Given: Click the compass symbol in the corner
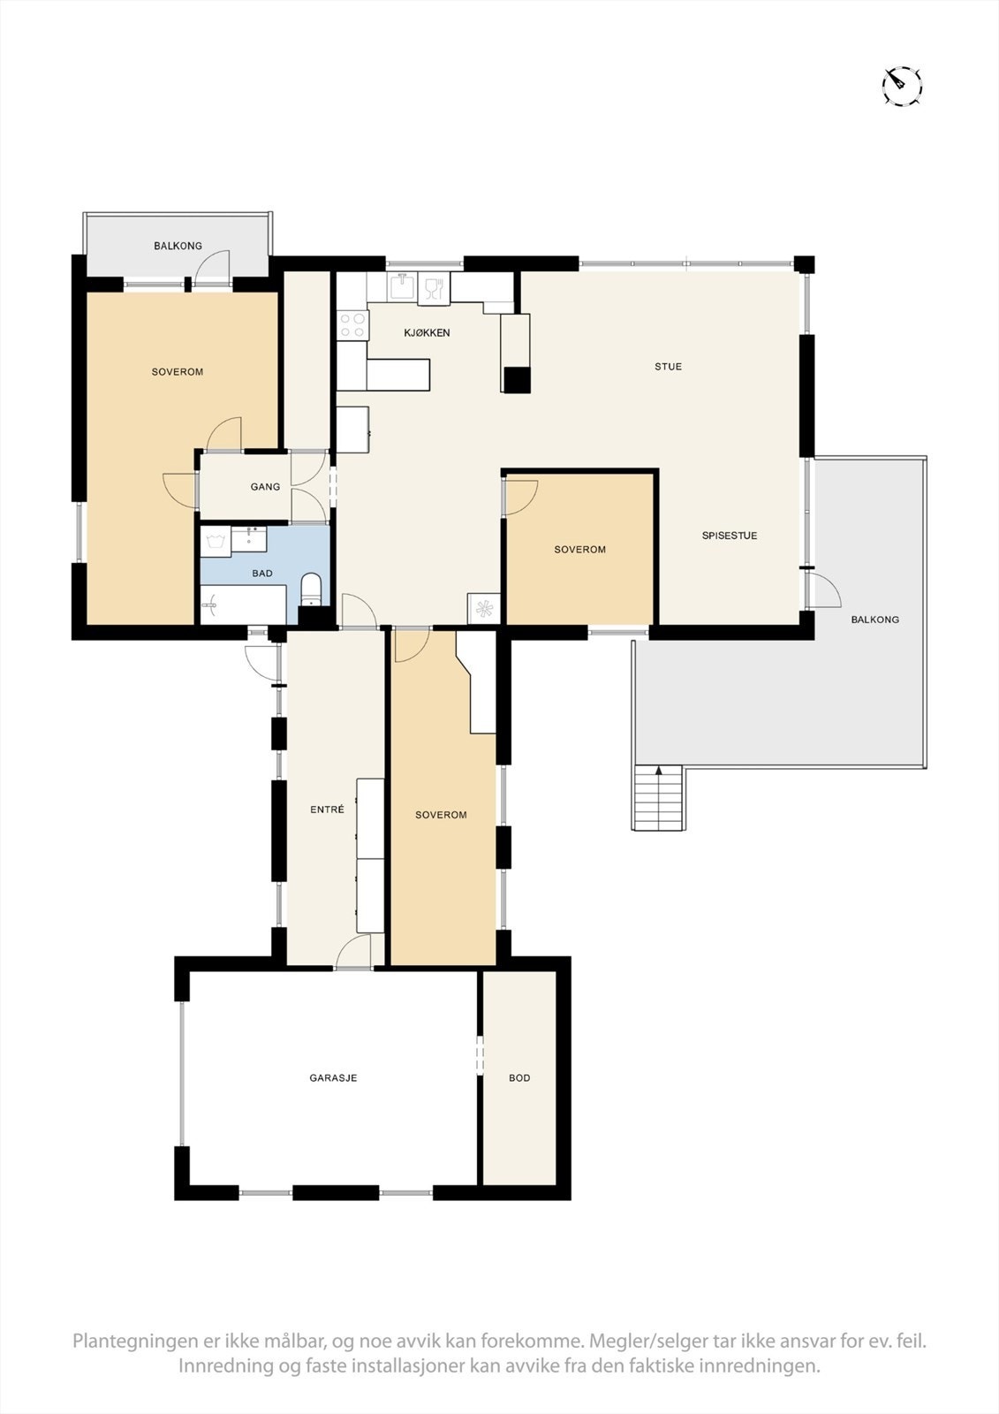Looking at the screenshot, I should click(902, 86).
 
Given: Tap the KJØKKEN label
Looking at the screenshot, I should click(427, 333).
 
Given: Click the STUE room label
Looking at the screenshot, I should click(668, 367).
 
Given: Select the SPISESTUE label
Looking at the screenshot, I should click(730, 536).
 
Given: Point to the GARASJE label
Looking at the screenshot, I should click(333, 1078).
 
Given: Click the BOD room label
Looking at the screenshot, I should click(519, 1078).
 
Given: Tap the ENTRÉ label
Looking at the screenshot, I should click(327, 810).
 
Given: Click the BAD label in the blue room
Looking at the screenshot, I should click(262, 574).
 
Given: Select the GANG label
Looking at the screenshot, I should click(265, 487).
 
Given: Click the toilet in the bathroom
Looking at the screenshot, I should click(311, 589).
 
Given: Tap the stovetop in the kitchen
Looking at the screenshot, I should click(353, 324).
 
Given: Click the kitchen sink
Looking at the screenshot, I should click(403, 286).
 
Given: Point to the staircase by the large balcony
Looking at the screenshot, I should click(658, 798).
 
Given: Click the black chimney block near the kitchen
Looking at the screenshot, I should click(517, 379).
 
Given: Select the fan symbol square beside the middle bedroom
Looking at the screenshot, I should click(483, 608).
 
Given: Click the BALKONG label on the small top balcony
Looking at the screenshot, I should click(178, 246).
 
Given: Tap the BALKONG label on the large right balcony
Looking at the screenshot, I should click(874, 620).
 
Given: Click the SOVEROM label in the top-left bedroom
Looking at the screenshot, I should click(177, 372).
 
